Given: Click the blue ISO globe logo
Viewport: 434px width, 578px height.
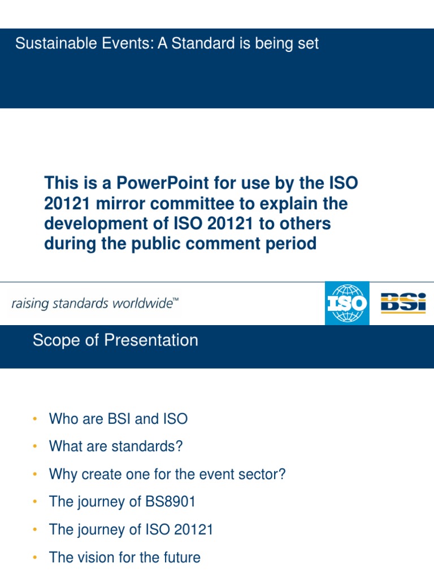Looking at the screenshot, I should coord(347,303).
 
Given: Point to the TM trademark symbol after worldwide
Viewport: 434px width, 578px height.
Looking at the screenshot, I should coord(175,301).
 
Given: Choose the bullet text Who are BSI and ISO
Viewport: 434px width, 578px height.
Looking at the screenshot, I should coord(118,419).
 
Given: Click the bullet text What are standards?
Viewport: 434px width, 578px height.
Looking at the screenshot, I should coord(116,446).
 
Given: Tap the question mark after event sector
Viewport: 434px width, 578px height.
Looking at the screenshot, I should coord(283,474).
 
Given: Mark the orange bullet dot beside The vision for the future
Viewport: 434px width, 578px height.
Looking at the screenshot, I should coord(34,558).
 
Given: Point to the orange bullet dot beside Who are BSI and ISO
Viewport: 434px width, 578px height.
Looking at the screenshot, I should coord(34,419).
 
